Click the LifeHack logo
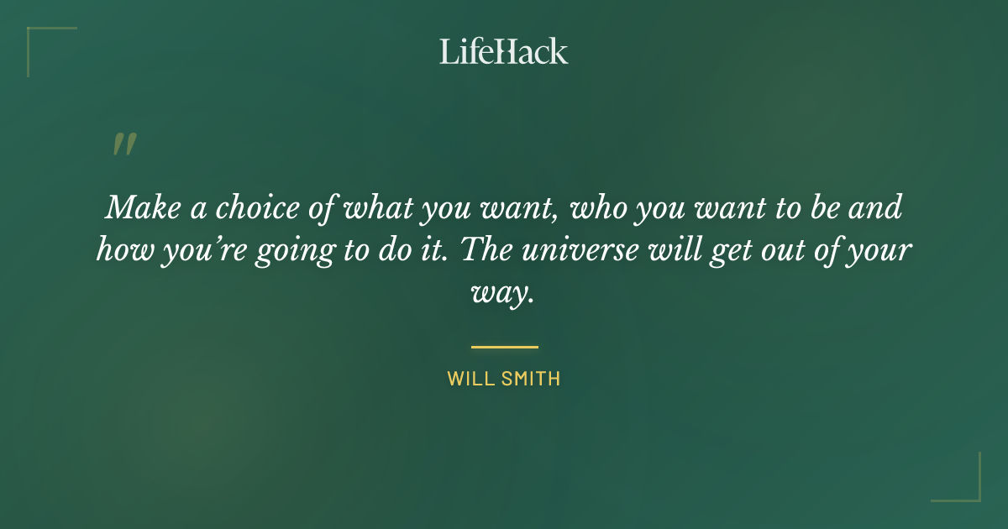tap(504, 51)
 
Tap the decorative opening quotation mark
tap(123, 145)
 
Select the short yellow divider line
tap(504, 346)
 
